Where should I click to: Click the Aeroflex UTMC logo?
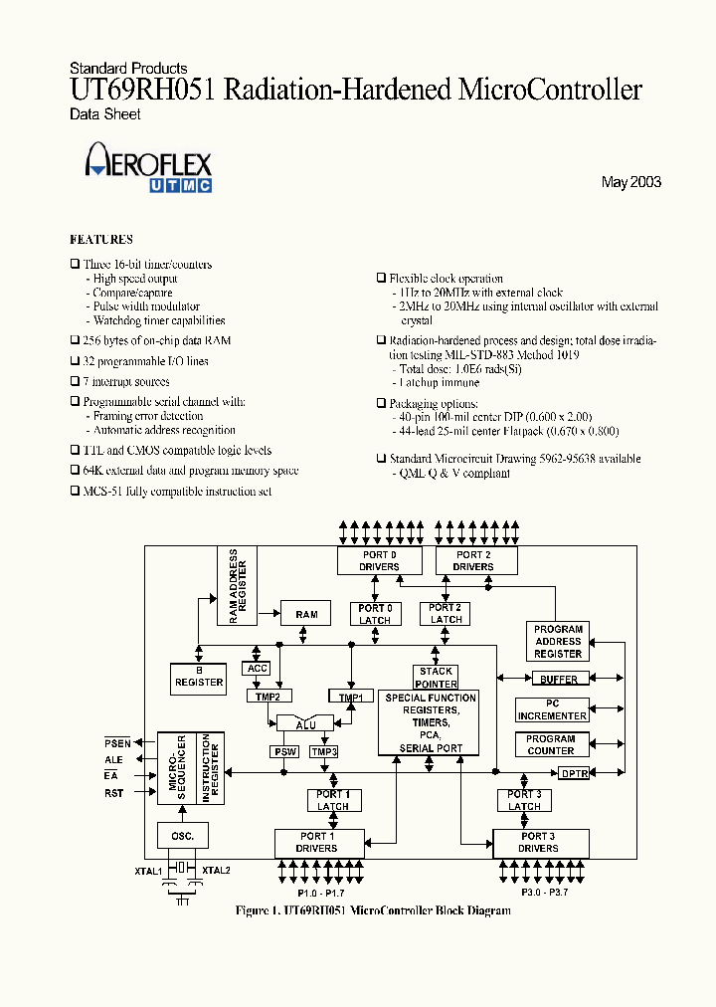click(149, 166)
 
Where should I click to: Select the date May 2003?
click(630, 182)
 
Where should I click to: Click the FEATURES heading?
click(100, 240)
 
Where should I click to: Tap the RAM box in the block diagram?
click(306, 614)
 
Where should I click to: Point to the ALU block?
click(305, 724)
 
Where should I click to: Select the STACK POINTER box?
click(436, 678)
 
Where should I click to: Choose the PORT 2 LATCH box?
click(446, 613)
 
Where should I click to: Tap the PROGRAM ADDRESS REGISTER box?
click(558, 642)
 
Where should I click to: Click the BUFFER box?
click(559, 680)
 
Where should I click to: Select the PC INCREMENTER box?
click(552, 709)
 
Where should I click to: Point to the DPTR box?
click(575, 773)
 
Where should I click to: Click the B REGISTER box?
click(199, 678)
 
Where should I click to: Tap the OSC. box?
click(182, 836)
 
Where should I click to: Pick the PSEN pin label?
click(117, 743)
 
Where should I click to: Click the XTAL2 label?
click(217, 871)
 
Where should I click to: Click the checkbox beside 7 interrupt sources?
click(75, 382)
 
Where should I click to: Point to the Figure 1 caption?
click(373, 910)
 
